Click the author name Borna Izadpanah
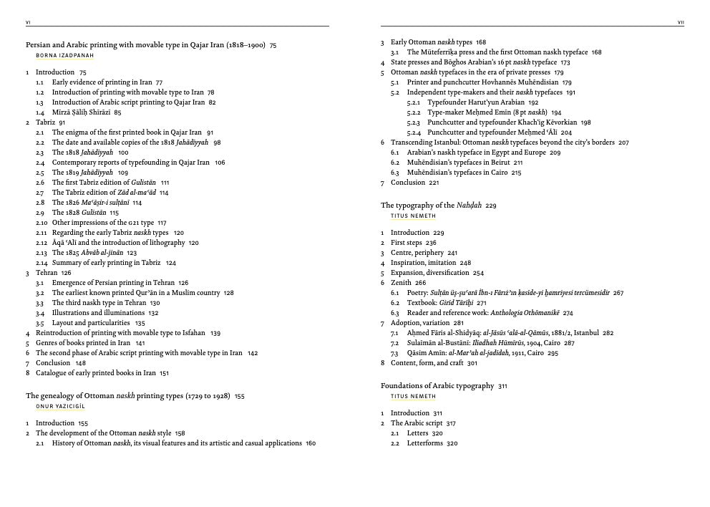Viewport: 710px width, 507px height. pos(64,55)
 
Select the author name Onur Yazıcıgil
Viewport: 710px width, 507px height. pos(60,407)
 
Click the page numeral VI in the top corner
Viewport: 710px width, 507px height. pos(28,23)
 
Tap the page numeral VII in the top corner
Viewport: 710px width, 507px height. pos(681,23)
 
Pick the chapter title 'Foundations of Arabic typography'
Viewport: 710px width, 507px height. pos(437,386)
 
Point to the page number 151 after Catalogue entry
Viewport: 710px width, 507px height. pos(164,373)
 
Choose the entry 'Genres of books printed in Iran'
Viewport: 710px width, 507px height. pos(83,343)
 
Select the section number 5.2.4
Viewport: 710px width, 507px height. pos(414,132)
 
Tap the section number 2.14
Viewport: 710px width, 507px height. pos(41,263)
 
